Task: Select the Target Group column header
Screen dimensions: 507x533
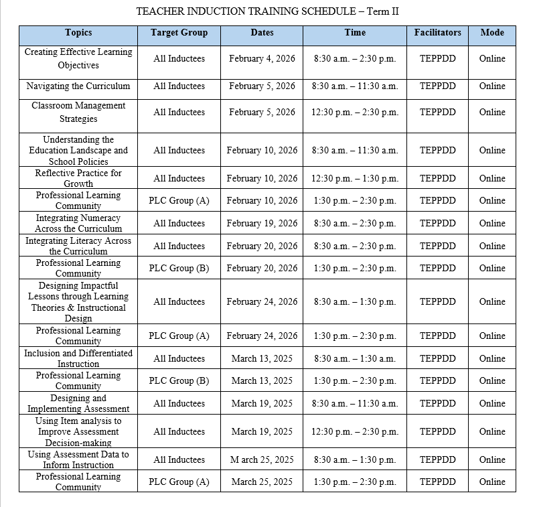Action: (179, 33)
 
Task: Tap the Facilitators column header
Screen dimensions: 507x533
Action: (437, 33)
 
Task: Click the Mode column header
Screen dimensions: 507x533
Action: (492, 33)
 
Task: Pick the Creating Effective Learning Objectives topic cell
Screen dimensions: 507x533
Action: (78, 59)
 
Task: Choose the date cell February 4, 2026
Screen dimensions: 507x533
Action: (262, 59)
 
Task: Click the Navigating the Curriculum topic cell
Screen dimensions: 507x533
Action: (78, 86)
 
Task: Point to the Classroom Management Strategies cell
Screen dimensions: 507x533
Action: (78, 113)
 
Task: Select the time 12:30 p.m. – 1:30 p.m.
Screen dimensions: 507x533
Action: (355, 179)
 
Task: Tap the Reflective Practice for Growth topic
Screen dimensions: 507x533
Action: (78, 178)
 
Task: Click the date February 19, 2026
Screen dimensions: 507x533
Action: (262, 224)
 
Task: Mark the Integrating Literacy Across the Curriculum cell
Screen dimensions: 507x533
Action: (78, 246)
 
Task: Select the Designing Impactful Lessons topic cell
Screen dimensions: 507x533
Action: (78, 302)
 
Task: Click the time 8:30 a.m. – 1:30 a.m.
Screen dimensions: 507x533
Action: (355, 359)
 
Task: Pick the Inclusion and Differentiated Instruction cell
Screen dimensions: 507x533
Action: (78, 358)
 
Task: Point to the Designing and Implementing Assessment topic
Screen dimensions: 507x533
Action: (78, 403)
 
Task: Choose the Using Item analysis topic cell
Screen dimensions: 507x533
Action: (78, 432)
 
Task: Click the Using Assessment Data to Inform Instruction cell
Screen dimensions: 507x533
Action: (78, 459)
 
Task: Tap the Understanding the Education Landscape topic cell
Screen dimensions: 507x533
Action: (78, 151)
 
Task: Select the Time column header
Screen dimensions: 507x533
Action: (355, 33)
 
